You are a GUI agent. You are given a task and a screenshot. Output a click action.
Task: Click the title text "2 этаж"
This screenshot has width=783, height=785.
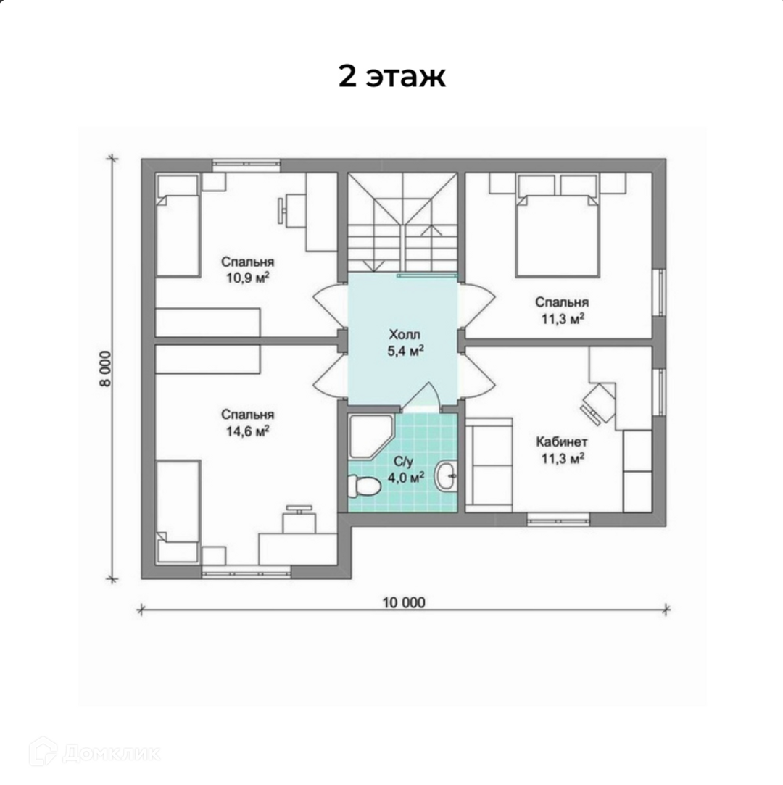pyautogui.click(x=392, y=77)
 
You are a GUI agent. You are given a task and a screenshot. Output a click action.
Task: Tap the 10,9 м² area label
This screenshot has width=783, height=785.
pyautogui.click(x=248, y=278)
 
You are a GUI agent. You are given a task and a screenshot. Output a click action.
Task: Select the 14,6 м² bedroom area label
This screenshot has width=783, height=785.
pyautogui.click(x=248, y=431)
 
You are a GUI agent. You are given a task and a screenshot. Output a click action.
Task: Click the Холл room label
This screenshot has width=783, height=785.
pyautogui.click(x=405, y=334)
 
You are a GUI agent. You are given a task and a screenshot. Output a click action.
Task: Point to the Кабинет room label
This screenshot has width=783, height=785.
pyautogui.click(x=562, y=442)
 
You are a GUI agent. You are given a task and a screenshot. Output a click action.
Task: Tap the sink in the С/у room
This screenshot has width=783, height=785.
pyautogui.click(x=446, y=475)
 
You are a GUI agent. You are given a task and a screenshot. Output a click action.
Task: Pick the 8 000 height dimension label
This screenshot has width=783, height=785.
pyautogui.click(x=106, y=369)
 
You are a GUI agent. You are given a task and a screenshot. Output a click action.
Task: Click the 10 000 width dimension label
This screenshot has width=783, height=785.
pyautogui.click(x=404, y=603)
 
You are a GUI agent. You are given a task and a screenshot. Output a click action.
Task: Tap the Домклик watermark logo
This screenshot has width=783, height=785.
pyautogui.click(x=95, y=752)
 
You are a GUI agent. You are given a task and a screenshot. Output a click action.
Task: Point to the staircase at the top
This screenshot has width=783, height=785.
pyautogui.click(x=402, y=223)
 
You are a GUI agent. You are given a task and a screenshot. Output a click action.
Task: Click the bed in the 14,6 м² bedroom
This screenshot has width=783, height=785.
pyautogui.click(x=178, y=512)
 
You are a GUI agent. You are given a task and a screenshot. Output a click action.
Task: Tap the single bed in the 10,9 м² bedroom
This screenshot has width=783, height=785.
pyautogui.click(x=178, y=225)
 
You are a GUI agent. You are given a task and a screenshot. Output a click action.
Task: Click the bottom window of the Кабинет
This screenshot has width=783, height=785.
pyautogui.click(x=558, y=519)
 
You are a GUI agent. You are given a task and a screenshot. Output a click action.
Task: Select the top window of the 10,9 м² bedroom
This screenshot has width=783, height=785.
pyautogui.click(x=246, y=166)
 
